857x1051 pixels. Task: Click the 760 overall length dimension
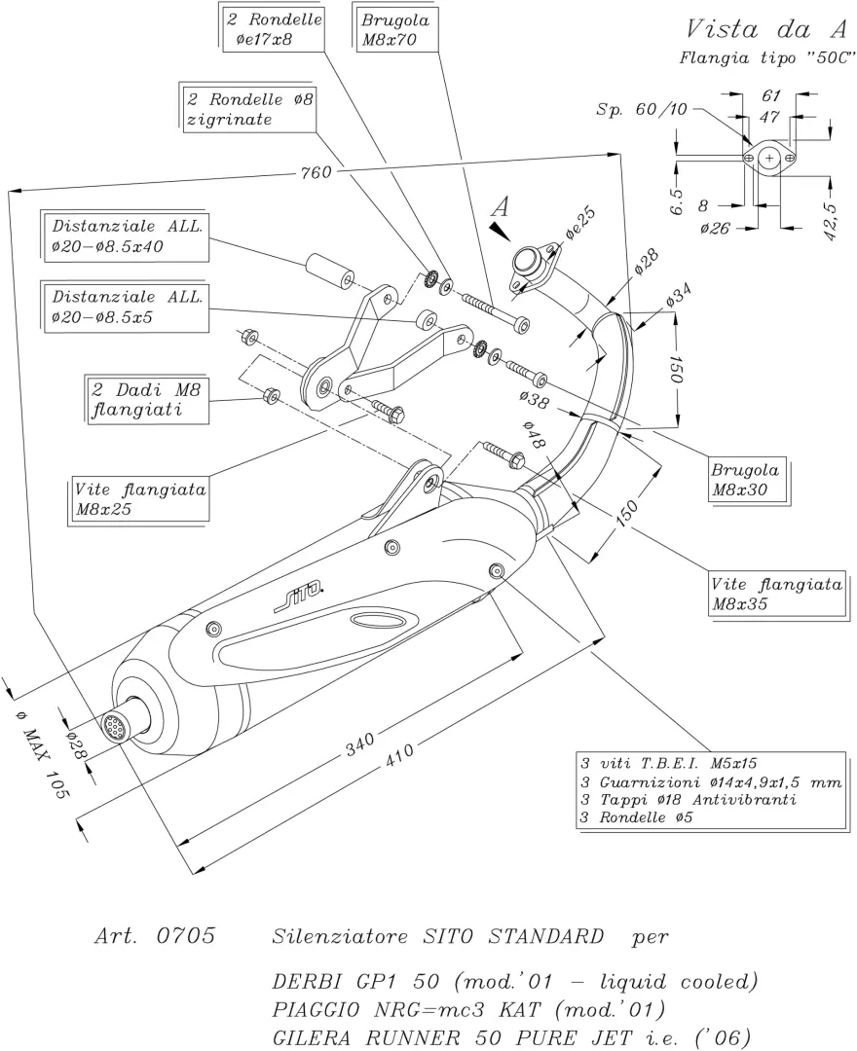317,172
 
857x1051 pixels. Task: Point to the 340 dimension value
360,746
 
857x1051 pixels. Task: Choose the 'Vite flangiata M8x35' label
776,595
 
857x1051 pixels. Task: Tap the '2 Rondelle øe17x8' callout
272,28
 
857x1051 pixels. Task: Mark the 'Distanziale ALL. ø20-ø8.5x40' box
126,236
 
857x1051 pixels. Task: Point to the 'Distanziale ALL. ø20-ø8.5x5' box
126,306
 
